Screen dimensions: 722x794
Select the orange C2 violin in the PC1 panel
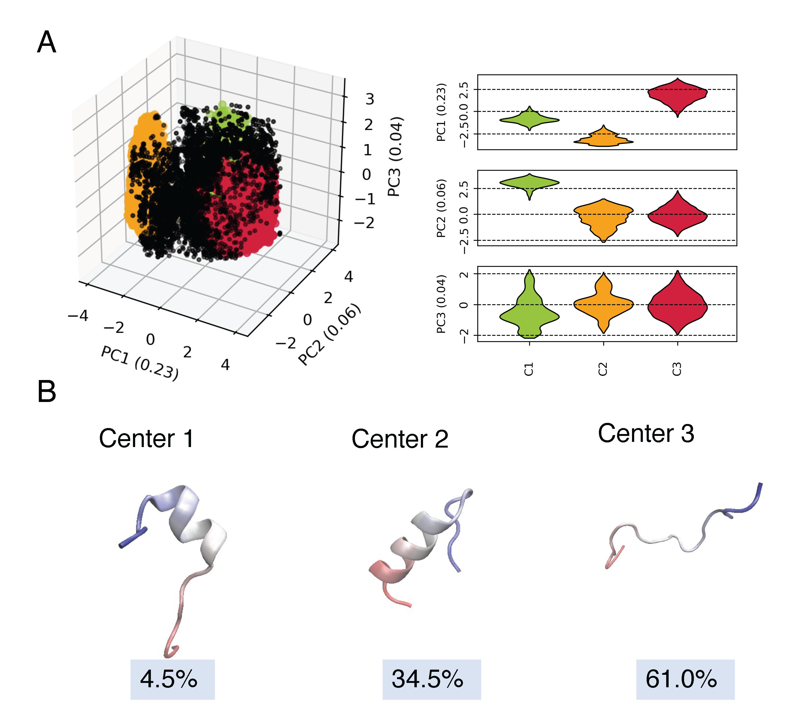[604, 139]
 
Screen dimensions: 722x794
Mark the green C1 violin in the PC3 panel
[530, 311]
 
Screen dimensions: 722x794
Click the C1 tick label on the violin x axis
[529, 369]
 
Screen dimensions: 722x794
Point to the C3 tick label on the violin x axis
[677, 369]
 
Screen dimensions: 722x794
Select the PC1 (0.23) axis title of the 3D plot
[140, 363]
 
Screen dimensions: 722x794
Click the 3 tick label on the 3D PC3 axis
[369, 99]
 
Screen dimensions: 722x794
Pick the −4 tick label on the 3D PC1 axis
[78, 315]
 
